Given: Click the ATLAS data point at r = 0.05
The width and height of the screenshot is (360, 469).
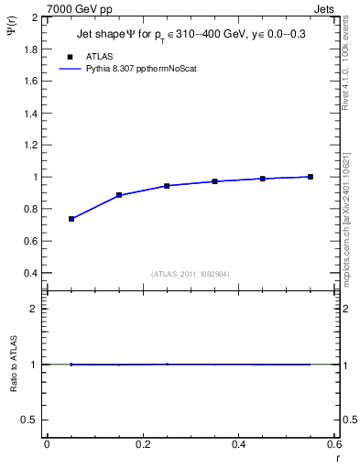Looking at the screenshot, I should (71, 219).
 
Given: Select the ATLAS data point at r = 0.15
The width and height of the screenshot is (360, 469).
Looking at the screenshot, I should (119, 195).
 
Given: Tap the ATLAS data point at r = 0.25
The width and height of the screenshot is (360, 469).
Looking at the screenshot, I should (167, 186).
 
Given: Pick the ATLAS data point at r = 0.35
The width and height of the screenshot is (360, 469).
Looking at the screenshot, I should (215, 181).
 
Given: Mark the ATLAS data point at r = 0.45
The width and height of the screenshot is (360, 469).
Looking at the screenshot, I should (263, 179).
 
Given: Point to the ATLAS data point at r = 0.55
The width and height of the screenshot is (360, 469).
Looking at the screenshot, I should (311, 177).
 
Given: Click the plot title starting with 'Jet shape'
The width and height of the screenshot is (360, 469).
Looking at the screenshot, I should (191, 36).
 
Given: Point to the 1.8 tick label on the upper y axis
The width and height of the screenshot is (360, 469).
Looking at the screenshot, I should (29, 49).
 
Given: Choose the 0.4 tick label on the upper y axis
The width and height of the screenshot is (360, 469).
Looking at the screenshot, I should (29, 273).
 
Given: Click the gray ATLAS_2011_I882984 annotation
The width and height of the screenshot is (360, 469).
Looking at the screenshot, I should (191, 273).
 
